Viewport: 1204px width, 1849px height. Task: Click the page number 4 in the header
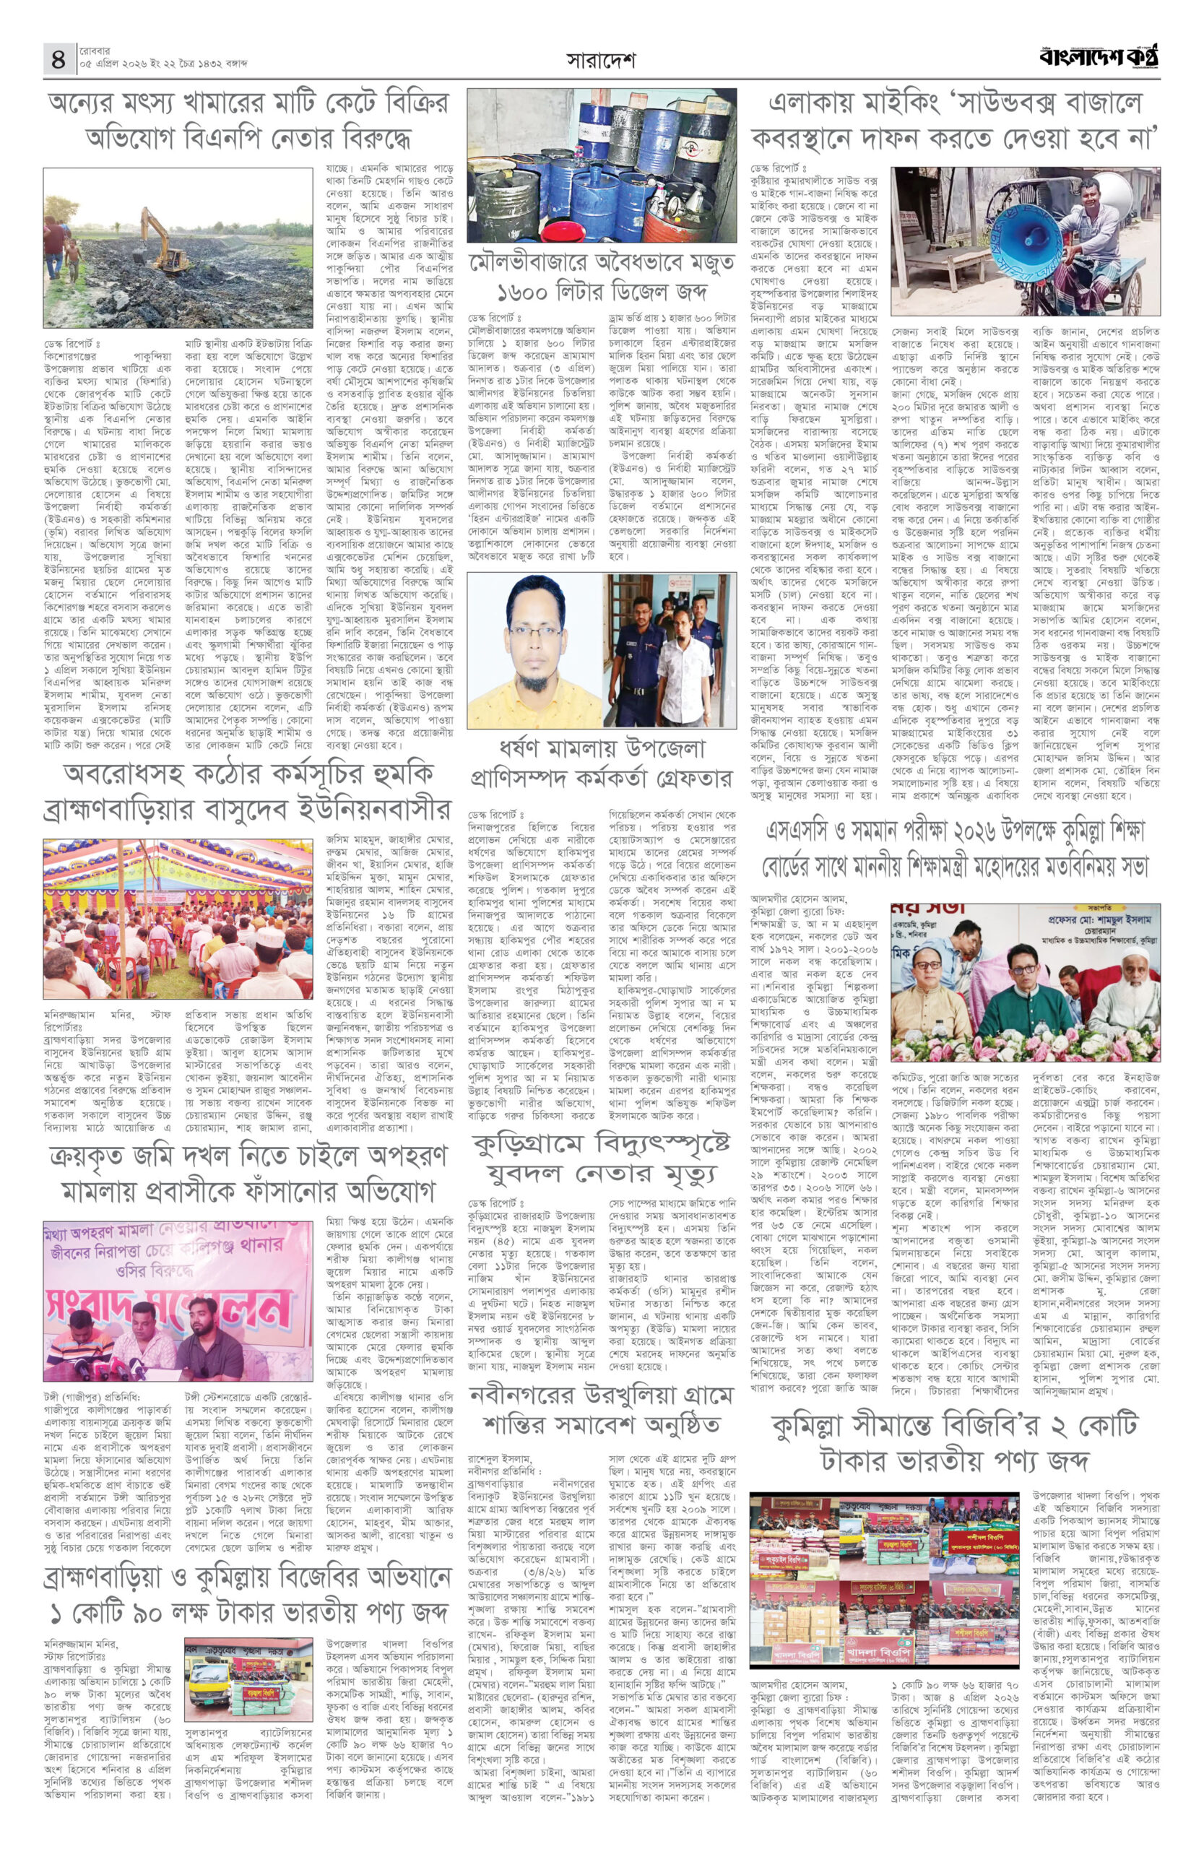[59, 59]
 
